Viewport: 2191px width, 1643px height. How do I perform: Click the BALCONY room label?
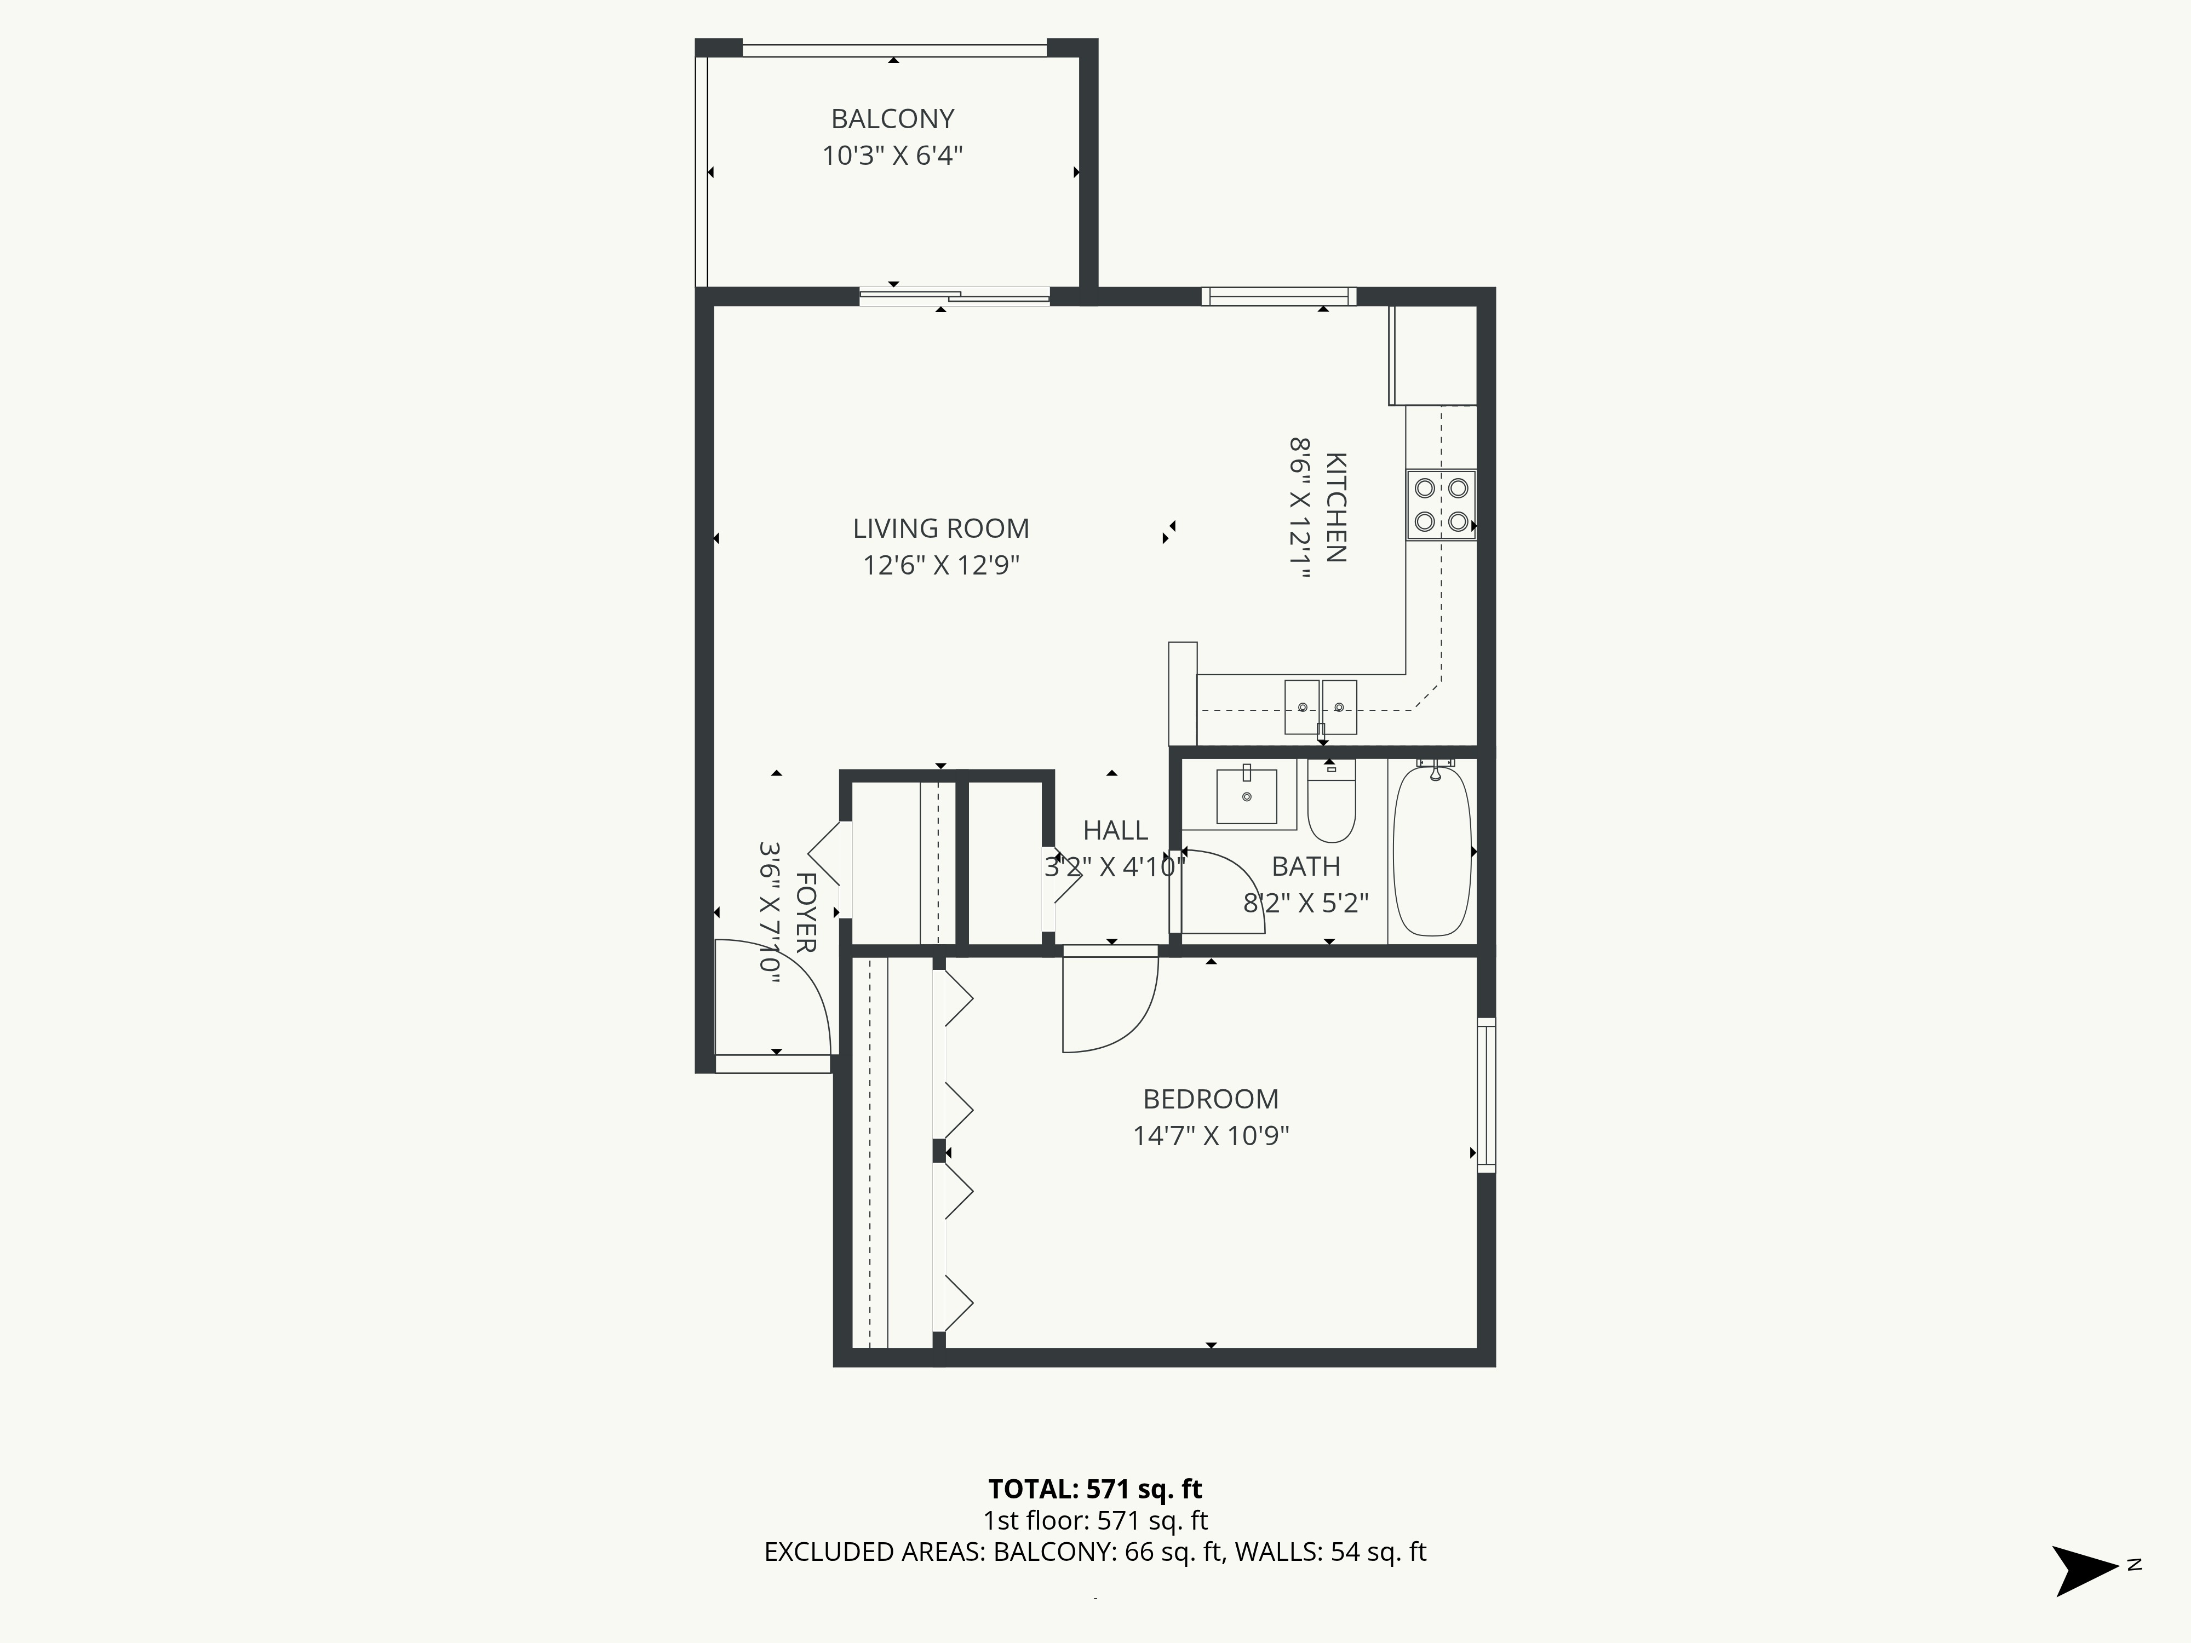892,119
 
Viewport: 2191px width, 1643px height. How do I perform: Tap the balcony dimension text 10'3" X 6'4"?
892,156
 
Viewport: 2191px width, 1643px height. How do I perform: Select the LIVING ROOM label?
941,529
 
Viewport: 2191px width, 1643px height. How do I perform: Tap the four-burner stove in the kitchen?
1440,504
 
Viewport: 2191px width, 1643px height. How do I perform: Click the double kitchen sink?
1320,706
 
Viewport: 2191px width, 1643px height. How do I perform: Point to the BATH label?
1305,866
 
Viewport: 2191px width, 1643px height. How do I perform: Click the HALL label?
1115,830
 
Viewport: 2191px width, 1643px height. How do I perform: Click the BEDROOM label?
1211,1099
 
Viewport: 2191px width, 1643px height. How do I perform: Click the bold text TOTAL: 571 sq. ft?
1094,1489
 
